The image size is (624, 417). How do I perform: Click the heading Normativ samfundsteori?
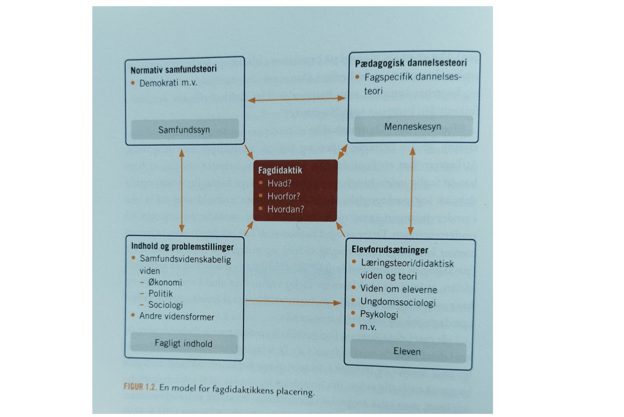174,69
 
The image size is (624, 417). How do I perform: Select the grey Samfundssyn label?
184,130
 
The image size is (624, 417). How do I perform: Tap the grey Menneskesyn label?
412,127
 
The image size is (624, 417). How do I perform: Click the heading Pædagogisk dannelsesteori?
411,63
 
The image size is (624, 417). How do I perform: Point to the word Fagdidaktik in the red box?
280,170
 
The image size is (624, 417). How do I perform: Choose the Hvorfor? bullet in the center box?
283,196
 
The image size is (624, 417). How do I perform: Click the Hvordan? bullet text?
286,209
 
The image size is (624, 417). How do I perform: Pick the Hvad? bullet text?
279,183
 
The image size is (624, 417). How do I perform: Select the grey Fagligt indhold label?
183,343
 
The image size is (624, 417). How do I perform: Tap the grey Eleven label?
407,351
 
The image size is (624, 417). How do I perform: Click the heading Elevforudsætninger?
390,250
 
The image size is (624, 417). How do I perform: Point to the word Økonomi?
165,282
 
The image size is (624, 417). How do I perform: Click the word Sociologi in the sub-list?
165,305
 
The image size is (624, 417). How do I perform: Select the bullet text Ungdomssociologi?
398,302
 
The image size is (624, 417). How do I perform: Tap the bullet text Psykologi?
379,314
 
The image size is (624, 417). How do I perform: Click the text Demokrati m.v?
168,83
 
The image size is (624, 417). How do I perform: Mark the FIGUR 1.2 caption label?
140,387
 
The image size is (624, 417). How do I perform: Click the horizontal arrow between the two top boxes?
297,99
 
